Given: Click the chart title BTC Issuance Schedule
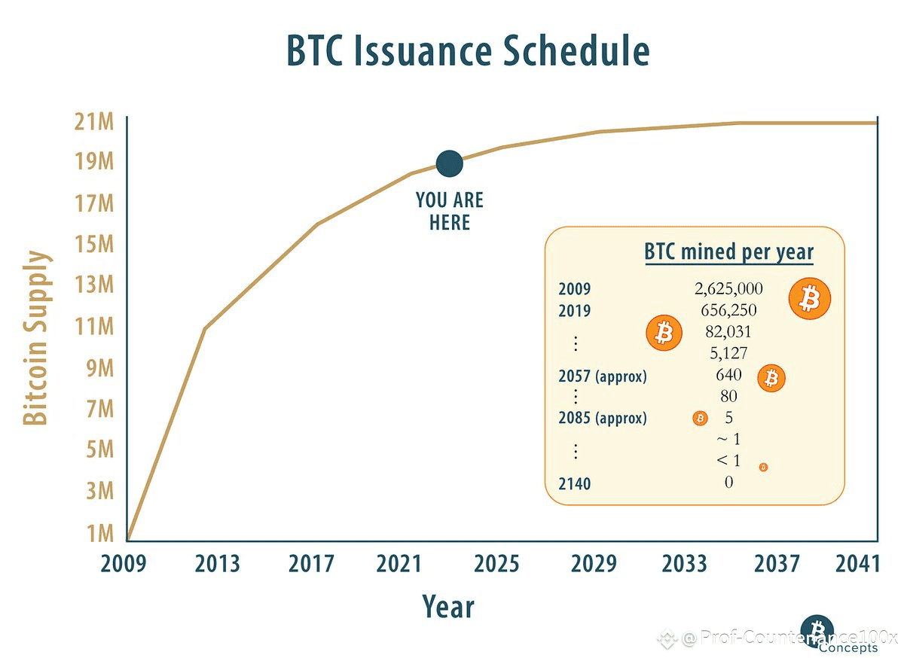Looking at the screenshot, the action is pos(468,50).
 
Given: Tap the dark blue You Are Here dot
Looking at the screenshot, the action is pos(449,164).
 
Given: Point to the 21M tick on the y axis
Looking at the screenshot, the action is pos(94,121).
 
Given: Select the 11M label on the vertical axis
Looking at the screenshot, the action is pos(94,327).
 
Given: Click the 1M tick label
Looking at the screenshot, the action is pos(100,533).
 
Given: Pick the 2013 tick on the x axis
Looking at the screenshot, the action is pos(217,564).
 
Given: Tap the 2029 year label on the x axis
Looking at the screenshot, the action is pos(594,564).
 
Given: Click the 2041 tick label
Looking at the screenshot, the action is pos(857,564).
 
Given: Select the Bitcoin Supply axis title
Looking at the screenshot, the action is pos(36,337).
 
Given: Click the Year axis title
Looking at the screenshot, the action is pos(448,606).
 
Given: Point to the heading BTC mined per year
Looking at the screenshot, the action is pos(729,252).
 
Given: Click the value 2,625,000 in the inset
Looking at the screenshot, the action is pos(728,289).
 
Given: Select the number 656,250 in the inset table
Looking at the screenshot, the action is pos(728,310).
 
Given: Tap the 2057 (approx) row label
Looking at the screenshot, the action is pos(603,376).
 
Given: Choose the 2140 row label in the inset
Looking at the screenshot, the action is pos(574,484).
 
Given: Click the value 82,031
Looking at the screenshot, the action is pos(728,331).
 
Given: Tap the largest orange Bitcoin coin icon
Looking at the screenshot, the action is pos(810,299).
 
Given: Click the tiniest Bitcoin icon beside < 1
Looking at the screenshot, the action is pos(763,468).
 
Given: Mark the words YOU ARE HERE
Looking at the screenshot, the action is pos(450,211).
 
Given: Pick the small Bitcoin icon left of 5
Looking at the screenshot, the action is pos(700,419).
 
